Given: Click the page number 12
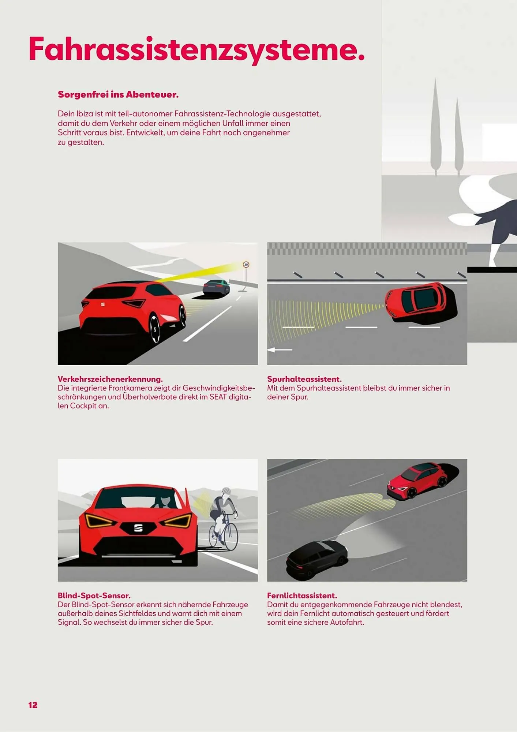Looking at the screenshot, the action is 33,705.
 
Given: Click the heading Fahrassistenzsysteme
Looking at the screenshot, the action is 197,49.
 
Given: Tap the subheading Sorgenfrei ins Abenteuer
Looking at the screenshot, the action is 118,94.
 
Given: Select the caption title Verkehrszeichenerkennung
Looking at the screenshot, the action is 110,379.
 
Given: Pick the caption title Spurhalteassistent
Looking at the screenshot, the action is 304,379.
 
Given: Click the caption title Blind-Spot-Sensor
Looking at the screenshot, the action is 94,595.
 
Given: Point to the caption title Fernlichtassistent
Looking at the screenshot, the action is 302,595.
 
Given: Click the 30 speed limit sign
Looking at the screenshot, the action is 246,264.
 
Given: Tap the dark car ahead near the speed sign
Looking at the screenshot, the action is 216,288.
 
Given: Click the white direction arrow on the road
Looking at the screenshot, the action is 280,350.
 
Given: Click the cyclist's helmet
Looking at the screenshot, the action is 226,491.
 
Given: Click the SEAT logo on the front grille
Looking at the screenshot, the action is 138,528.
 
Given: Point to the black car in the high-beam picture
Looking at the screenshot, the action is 317,559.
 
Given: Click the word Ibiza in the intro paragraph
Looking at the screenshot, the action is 85,114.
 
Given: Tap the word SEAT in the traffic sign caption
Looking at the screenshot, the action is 218,397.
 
